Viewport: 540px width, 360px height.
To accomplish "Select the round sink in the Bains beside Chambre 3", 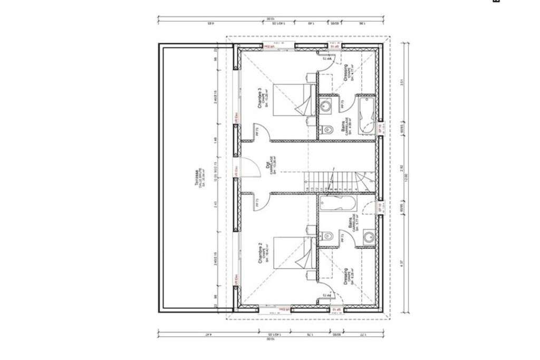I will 326,106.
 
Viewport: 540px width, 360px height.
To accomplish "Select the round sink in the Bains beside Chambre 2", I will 366,237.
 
